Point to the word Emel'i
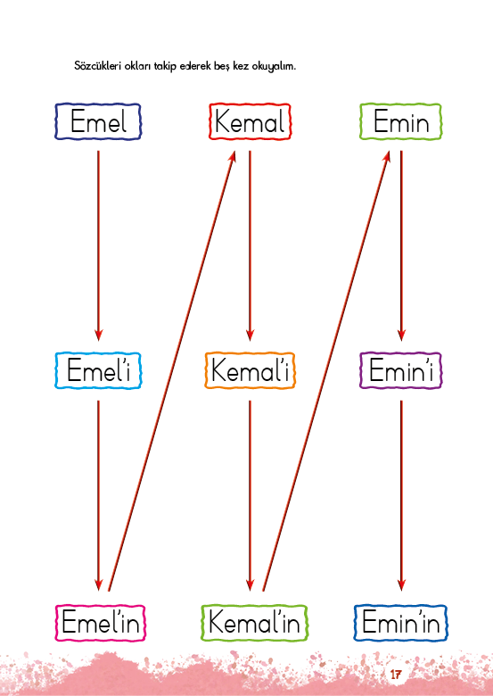[x=98, y=370]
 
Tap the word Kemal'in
[x=254, y=622]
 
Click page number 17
[x=396, y=675]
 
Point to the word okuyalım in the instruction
[x=274, y=67]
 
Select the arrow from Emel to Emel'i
[x=98, y=246]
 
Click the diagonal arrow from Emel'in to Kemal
[x=171, y=371]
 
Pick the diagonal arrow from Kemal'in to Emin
[x=326, y=371]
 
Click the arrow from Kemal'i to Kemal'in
[x=250, y=495]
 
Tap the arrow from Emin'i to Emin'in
[x=401, y=495]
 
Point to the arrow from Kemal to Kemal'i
[x=250, y=246]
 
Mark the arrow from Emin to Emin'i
[x=401, y=246]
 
